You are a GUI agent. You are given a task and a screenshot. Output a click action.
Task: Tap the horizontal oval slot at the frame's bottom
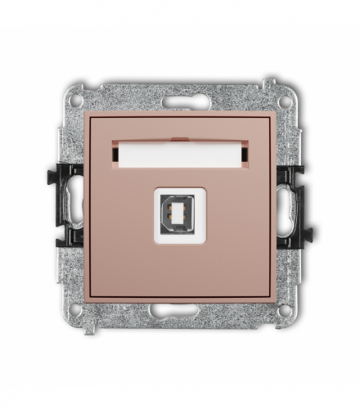180,310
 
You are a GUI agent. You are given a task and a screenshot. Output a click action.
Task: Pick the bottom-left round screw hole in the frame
76,310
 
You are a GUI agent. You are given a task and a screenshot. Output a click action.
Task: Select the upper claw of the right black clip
296,174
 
